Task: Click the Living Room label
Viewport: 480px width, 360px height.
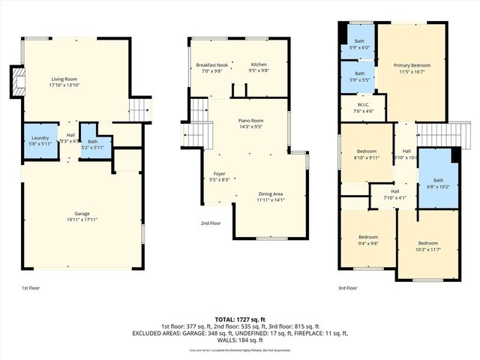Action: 64,79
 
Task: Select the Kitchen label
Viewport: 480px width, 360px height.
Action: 259,64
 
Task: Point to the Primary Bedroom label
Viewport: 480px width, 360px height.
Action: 412,65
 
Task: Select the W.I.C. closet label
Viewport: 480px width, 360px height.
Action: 363,105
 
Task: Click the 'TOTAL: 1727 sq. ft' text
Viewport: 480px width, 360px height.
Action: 240,319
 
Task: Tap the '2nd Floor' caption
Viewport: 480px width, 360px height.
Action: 211,223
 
